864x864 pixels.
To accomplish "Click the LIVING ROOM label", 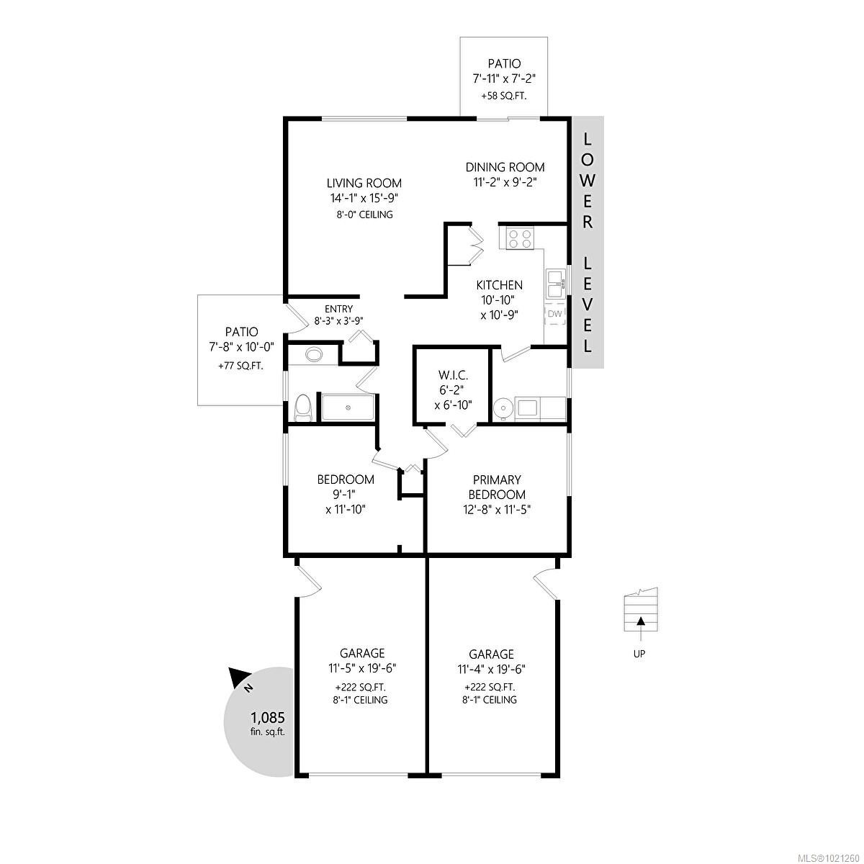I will (364, 183).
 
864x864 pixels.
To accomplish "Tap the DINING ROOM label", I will (504, 167).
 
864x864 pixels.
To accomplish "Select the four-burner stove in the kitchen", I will (520, 238).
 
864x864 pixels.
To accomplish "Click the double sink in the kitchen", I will (555, 284).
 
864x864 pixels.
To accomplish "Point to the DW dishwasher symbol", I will (554, 314).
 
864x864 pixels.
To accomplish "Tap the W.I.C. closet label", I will (453, 374).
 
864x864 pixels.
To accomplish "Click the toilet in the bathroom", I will (304, 408).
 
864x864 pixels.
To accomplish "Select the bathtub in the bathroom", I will (348, 408).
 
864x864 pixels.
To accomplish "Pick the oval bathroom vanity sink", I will (315, 355).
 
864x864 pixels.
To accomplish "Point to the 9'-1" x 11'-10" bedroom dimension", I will (346, 502).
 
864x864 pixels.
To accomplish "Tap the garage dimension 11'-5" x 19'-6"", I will (362, 667).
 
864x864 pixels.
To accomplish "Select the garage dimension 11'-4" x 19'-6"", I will (492, 668).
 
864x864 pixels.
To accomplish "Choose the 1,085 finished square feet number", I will (268, 717).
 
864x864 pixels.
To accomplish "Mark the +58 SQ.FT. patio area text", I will (504, 95).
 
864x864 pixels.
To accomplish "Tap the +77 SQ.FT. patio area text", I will (240, 365).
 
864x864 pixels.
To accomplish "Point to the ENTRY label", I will (338, 309).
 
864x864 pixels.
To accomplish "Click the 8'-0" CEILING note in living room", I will (364, 215).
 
